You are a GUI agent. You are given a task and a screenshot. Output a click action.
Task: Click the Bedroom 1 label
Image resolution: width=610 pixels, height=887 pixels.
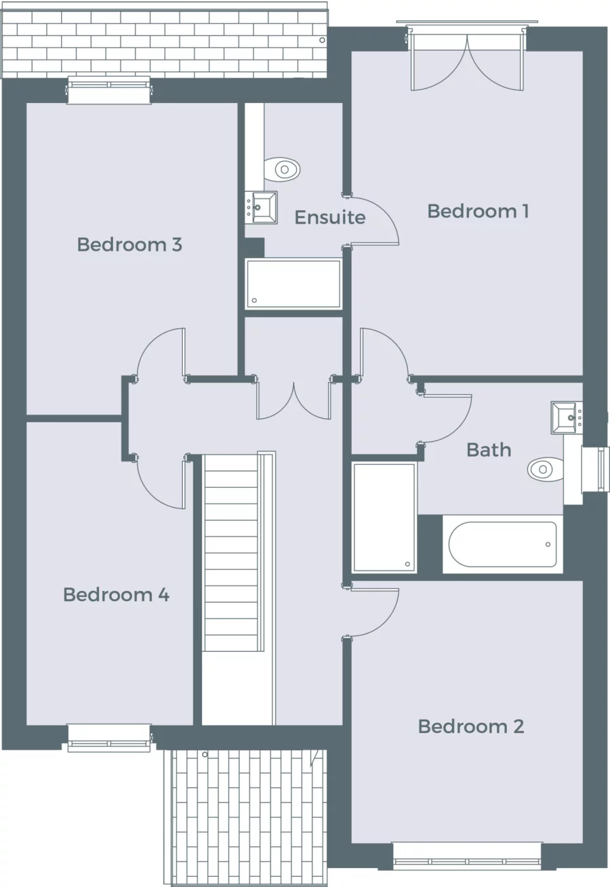477,211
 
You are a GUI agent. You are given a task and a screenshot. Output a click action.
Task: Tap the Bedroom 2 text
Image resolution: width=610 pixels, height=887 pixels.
470,726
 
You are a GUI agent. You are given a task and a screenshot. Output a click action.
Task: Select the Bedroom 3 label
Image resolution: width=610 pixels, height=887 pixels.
129,245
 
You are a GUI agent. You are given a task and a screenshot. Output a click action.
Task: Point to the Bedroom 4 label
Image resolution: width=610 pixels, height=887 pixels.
116,595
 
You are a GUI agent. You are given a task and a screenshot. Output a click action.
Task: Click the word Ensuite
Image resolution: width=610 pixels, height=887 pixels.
330,218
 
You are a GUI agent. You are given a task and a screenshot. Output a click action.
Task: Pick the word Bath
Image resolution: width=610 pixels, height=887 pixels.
489,450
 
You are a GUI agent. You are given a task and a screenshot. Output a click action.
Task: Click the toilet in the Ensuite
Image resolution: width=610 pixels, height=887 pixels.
283,169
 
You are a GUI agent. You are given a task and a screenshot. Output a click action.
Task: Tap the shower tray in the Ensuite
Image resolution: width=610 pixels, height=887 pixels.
293,284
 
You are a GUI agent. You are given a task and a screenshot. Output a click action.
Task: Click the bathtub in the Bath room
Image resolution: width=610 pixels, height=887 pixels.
503,544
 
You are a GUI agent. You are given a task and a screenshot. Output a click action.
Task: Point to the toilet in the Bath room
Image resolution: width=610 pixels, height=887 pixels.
546,469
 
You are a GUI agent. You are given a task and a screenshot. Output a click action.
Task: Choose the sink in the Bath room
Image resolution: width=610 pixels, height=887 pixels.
567,417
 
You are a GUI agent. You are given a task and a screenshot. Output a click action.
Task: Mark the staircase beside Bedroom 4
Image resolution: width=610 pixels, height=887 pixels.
232,552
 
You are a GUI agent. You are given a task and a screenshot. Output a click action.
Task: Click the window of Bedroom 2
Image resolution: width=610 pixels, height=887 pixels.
467,855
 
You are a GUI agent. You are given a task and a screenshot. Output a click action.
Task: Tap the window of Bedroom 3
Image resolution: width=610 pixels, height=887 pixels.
108,91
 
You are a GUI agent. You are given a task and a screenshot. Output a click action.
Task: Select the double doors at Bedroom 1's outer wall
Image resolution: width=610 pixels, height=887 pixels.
467,60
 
